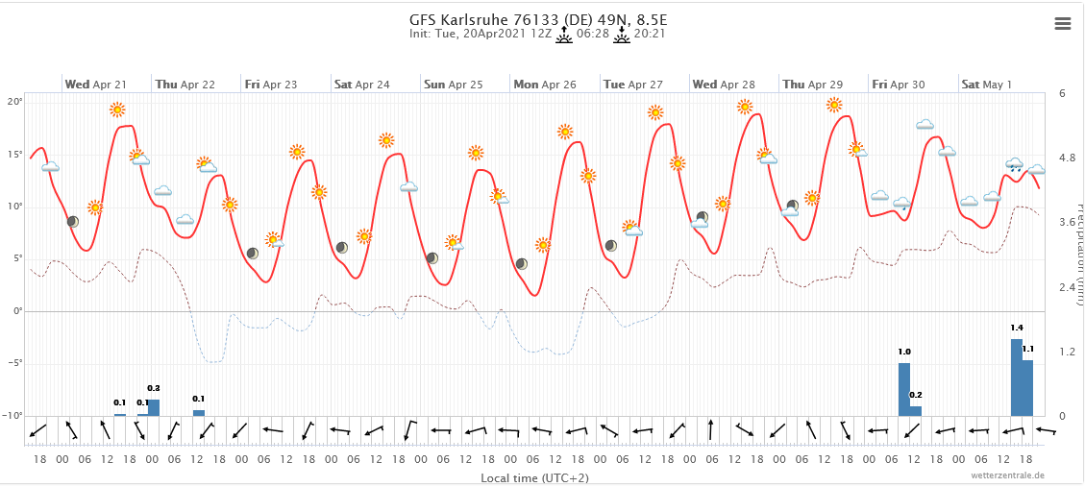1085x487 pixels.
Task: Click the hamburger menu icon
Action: (x=1062, y=24)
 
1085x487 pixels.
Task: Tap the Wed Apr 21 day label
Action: (x=95, y=85)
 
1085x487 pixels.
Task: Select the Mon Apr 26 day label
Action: (x=544, y=85)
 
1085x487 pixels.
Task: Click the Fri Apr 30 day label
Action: (x=899, y=85)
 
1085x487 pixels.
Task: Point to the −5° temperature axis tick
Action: (x=13, y=363)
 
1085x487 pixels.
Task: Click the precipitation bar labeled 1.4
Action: (x=1017, y=377)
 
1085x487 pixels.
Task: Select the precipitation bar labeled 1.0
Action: (x=904, y=389)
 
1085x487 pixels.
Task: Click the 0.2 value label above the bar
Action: (x=916, y=395)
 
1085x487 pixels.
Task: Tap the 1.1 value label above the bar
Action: (x=1028, y=349)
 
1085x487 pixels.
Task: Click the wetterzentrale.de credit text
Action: (x=1008, y=475)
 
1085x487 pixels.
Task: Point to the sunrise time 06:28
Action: (x=593, y=34)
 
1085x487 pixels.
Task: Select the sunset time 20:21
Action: (x=650, y=34)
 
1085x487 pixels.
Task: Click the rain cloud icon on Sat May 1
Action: (x=1015, y=164)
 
